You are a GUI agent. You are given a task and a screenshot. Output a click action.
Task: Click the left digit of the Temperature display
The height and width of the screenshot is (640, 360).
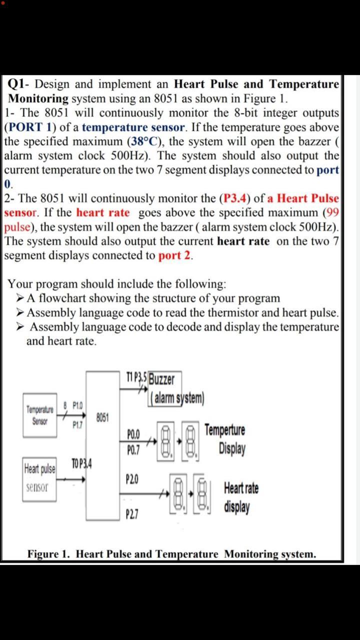point(166,437)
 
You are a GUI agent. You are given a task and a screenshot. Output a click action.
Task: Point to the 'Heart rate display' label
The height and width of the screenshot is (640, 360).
point(241,497)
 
